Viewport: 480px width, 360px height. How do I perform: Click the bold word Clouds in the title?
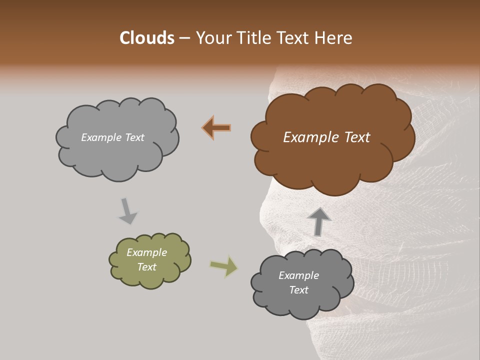[x=147, y=38]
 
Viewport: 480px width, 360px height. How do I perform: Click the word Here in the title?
[x=334, y=38]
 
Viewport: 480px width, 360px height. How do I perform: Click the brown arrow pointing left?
[x=217, y=128]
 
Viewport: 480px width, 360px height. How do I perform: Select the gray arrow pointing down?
[x=127, y=210]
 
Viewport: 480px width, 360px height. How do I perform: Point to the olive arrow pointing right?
[x=224, y=266]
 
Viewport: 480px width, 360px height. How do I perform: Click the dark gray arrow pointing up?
[x=318, y=221]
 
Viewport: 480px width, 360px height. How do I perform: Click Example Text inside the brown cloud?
[x=326, y=137]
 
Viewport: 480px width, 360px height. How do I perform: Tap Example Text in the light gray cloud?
[x=112, y=137]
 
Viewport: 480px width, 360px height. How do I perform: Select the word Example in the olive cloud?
[x=146, y=252]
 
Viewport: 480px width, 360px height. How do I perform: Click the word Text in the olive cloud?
[x=146, y=267]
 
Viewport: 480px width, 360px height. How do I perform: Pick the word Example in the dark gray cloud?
[x=298, y=275]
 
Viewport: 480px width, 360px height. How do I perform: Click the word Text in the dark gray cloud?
[x=298, y=290]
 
